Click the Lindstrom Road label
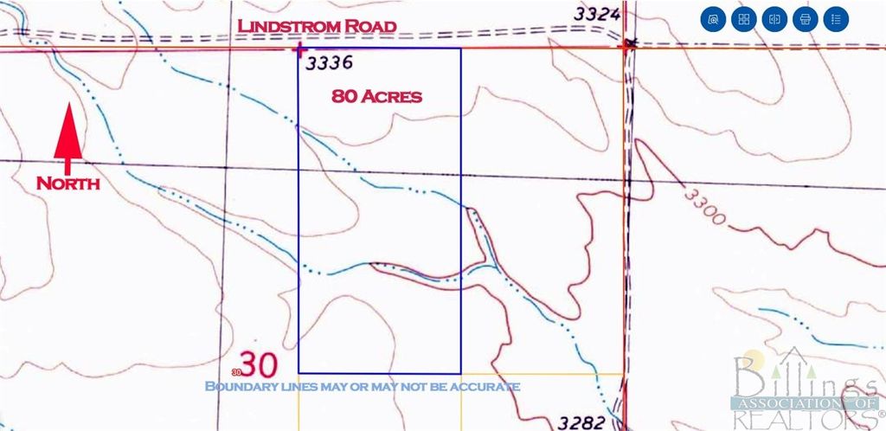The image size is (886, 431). (x=317, y=27)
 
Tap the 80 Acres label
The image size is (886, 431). (x=376, y=96)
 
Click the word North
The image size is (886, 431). (x=67, y=183)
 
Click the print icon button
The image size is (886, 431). (x=805, y=18)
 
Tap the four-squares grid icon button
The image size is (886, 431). (x=743, y=18)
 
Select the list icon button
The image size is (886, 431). (x=835, y=18)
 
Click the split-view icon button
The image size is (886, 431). (x=774, y=18)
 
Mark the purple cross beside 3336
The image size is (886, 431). (x=299, y=49)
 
